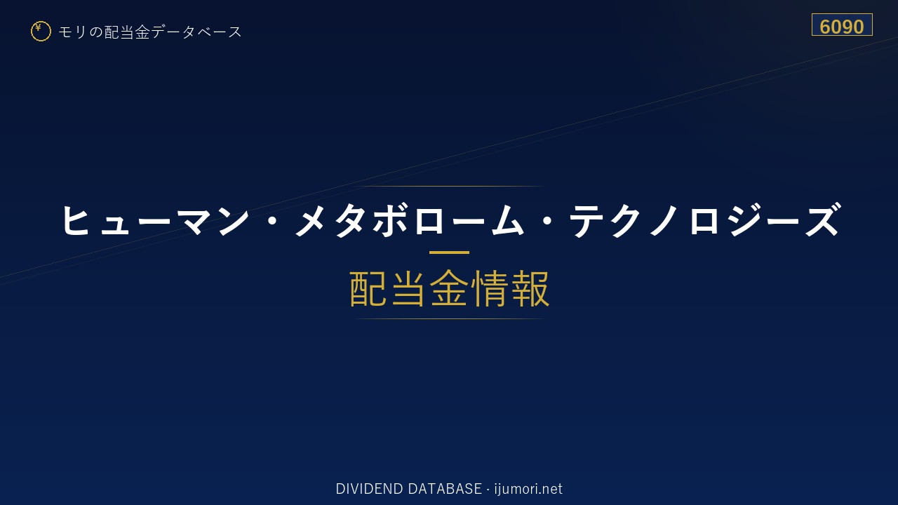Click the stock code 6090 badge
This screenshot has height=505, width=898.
(842, 25)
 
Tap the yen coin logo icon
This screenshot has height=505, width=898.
(41, 32)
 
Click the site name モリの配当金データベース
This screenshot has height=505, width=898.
(150, 32)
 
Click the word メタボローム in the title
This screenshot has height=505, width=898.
(409, 220)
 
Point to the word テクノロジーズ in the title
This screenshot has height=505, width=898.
(705, 220)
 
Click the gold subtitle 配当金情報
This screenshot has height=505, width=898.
(449, 288)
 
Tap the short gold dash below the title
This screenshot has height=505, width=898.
(449, 252)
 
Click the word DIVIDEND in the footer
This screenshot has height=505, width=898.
(369, 489)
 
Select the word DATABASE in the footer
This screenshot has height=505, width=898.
(445, 489)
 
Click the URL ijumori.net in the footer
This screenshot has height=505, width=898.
(528, 489)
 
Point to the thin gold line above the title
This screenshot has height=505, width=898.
(449, 186)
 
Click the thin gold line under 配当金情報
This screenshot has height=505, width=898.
(449, 318)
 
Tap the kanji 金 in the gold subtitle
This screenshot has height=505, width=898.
(449, 288)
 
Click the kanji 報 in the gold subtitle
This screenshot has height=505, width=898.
(530, 288)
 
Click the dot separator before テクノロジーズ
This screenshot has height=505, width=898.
(547, 220)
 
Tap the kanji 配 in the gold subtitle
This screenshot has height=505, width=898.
(368, 288)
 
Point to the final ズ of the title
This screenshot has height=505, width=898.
(823, 220)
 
